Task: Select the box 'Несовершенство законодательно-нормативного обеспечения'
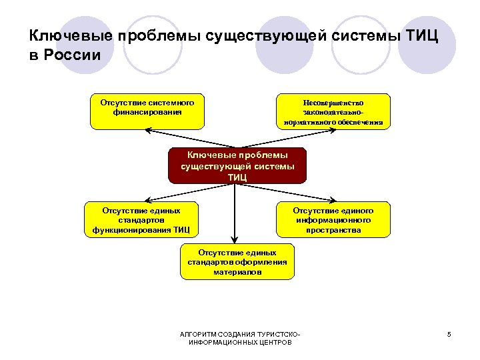pyautogui.click(x=333, y=110)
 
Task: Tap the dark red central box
pyautogui.click(x=237, y=165)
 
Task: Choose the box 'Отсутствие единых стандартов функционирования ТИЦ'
pyautogui.click(x=141, y=219)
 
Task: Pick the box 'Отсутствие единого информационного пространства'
pyautogui.click(x=333, y=219)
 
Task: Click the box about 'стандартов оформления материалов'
pyautogui.click(x=237, y=262)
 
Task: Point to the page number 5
pyautogui.click(x=449, y=334)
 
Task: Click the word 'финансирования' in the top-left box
pyautogui.click(x=147, y=113)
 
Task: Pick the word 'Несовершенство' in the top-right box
pyautogui.click(x=333, y=103)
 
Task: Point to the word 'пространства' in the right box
pyautogui.click(x=333, y=230)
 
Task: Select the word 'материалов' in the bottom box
pyautogui.click(x=237, y=273)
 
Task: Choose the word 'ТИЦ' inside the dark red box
pyautogui.click(x=237, y=177)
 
